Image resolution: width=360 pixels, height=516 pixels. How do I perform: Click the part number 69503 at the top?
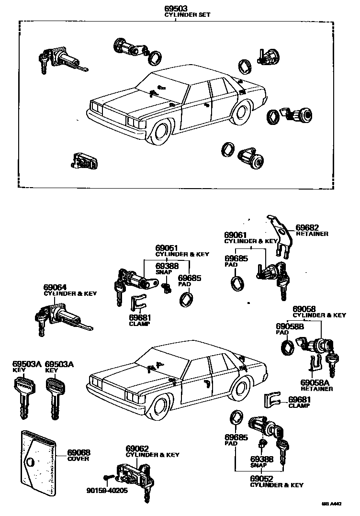tap(176, 9)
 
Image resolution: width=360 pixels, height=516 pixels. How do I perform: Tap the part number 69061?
tap(236, 235)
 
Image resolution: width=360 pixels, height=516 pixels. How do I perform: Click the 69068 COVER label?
tap(79, 455)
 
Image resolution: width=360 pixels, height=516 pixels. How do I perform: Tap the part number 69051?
tap(167, 248)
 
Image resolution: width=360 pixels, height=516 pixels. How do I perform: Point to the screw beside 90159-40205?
tap(108, 478)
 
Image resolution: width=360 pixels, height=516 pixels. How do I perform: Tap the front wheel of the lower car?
tap(163, 409)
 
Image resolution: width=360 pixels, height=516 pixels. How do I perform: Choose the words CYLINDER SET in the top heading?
tap(187, 15)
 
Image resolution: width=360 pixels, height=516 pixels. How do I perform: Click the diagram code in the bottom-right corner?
tap(335, 504)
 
